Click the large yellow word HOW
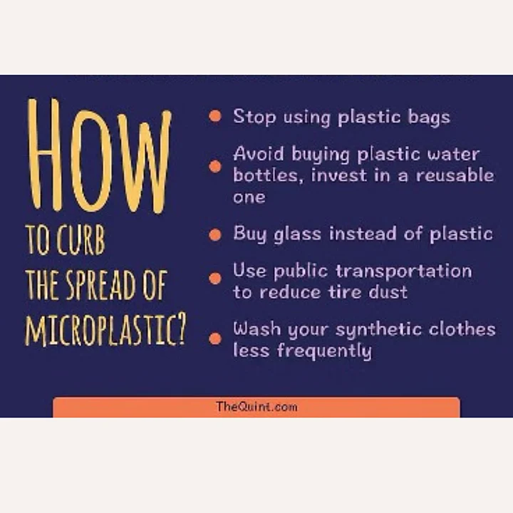click(x=100, y=155)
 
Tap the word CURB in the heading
click(x=81, y=240)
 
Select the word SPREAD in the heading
click(x=100, y=285)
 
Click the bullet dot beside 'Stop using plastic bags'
click(x=215, y=116)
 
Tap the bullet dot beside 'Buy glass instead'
click(x=215, y=234)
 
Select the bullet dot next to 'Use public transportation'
click(x=215, y=279)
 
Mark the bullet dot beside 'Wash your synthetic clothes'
click(x=215, y=338)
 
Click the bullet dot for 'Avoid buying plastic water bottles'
click(x=215, y=166)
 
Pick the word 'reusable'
click(x=455, y=175)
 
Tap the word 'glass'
click(x=297, y=234)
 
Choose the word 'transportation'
click(x=404, y=271)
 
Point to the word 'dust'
click(x=388, y=291)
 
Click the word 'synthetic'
click(x=379, y=330)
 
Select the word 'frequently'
click(x=324, y=351)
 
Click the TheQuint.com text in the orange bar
click(x=256, y=407)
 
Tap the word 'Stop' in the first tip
click(x=254, y=117)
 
